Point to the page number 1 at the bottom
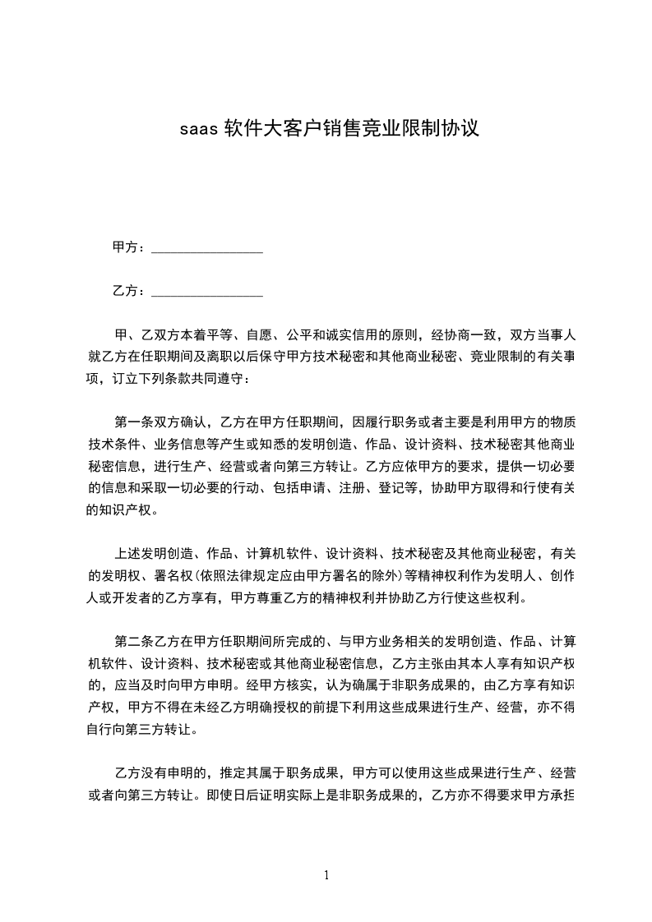coord(326,875)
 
